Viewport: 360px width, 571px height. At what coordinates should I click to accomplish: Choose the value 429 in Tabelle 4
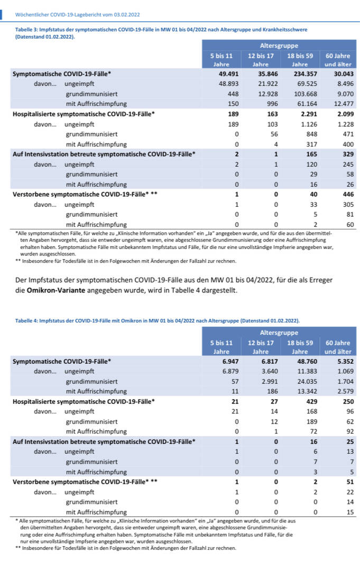[305, 401]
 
